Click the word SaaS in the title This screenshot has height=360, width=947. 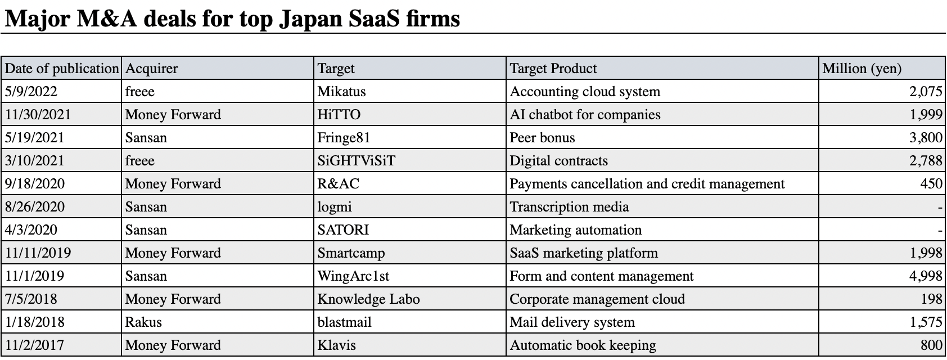[375, 19]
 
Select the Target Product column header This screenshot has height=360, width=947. [553, 68]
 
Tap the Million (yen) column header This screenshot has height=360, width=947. [862, 69]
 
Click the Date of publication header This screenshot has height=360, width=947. [62, 69]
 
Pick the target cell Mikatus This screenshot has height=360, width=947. [341, 91]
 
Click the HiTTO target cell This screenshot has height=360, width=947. [339, 114]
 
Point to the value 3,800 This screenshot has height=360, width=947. [926, 137]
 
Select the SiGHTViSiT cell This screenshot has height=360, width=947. [357, 160]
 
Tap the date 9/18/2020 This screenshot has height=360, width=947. [35, 183]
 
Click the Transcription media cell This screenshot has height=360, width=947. [569, 206]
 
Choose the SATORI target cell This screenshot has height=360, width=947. [343, 229]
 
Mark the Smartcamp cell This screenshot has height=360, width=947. [351, 253]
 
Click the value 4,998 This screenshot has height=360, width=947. [926, 276]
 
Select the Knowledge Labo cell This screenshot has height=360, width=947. [369, 299]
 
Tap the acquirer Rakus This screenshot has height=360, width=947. [143, 322]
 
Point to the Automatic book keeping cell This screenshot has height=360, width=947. [583, 345]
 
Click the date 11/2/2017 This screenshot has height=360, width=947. [34, 345]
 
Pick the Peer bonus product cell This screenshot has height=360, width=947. [542, 137]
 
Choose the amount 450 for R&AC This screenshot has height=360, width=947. [931, 183]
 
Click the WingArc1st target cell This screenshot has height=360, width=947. [353, 276]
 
